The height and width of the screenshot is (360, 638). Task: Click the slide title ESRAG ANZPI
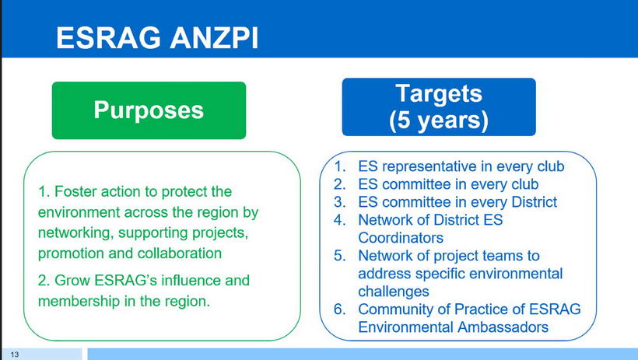157,38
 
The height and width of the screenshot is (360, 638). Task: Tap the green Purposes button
149,110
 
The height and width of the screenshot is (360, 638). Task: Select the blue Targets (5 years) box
439,107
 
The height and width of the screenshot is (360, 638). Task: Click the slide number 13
15,355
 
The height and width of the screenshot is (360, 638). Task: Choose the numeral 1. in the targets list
340,166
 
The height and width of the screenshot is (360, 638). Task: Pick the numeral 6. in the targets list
340,309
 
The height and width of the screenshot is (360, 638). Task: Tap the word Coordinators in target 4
401,238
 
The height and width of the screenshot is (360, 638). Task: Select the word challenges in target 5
394,292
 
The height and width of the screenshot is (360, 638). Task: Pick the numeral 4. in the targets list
340,220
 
